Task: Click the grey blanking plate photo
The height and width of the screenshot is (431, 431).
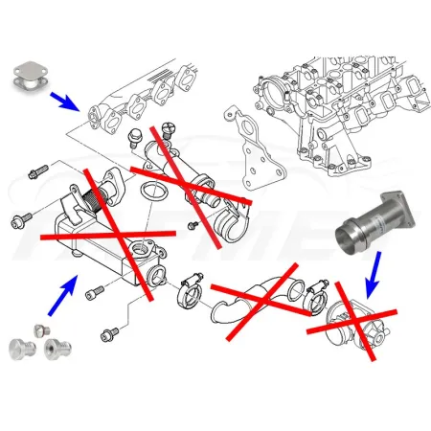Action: pyautogui.click(x=33, y=79)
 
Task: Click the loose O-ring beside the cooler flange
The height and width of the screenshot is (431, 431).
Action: pyautogui.click(x=149, y=197)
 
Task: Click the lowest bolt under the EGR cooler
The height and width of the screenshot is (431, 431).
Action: pyautogui.click(x=110, y=333)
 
